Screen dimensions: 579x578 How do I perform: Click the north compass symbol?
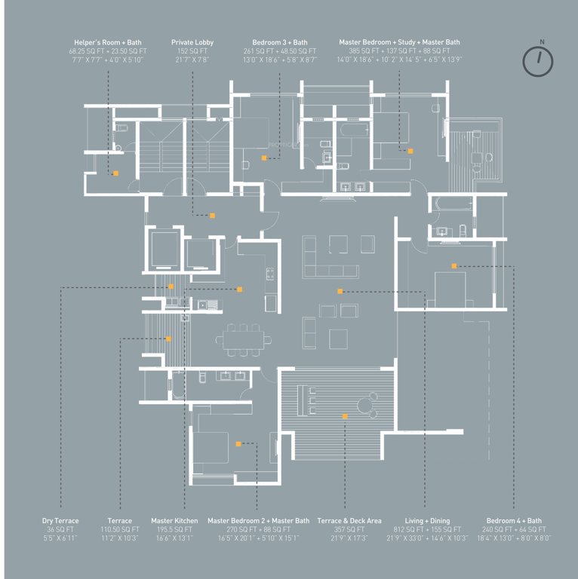point(537,60)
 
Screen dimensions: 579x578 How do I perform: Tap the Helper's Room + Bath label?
point(107,42)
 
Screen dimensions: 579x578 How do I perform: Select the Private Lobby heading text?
point(192,42)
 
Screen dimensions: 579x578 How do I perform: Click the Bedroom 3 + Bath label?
point(279,42)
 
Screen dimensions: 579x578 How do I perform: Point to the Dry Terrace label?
point(60,521)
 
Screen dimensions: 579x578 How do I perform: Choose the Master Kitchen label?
point(174,521)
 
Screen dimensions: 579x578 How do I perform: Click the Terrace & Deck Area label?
point(349,521)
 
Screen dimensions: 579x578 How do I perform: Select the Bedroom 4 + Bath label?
point(513,521)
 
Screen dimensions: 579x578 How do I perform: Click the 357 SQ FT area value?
point(349,529)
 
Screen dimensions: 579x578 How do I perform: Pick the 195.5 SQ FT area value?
point(174,529)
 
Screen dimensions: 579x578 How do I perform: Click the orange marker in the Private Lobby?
point(213,216)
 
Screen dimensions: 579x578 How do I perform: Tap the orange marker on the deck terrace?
point(345,416)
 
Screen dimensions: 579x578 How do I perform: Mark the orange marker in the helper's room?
point(115,173)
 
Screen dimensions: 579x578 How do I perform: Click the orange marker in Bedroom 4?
point(454,266)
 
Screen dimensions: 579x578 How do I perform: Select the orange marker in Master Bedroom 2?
point(238,445)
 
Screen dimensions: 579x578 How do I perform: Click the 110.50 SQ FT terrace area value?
point(119,529)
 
